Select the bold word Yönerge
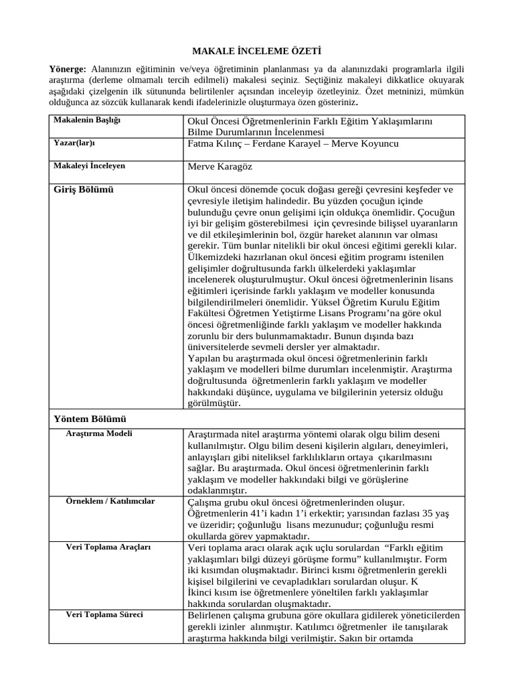click(67, 70)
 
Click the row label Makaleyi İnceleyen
click(89, 165)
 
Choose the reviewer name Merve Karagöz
click(220, 167)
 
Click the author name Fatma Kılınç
click(214, 143)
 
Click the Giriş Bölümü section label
click(84, 190)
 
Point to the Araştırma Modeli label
click(99, 433)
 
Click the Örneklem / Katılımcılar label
click(110, 501)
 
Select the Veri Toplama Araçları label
click(108, 547)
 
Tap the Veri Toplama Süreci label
click(104, 614)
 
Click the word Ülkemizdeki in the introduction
click(214, 257)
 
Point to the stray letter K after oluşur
click(414, 581)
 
